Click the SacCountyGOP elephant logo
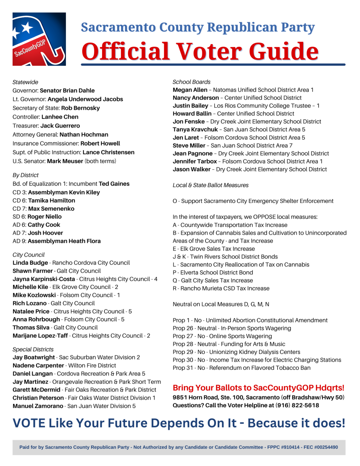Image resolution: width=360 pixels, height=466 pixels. pyautogui.click(x=39, y=39)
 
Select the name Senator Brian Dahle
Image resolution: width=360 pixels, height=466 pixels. pyautogui.click(x=67, y=91)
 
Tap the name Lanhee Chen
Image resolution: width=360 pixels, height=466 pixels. pyautogui.click(x=60, y=117)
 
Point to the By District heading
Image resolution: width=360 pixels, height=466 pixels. pyautogui.click(x=25, y=175)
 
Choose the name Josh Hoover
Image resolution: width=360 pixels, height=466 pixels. pyautogui.click(x=45, y=233)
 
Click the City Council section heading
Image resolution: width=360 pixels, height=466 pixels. pyautogui.click(x=28, y=255)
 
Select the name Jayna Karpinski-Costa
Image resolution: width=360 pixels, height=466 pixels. pyautogui.click(x=44, y=279)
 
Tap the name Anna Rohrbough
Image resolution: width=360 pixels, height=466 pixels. pyautogui.click(x=36, y=319)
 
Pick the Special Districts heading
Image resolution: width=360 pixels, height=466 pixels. pyautogui.click(x=33, y=349)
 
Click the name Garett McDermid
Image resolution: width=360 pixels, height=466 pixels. pyautogui.click(x=36, y=390)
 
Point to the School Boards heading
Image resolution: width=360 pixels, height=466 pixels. pyautogui.click(x=191, y=82)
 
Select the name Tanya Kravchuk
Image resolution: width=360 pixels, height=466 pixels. pyautogui.click(x=195, y=130)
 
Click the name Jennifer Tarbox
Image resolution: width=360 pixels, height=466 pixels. pyautogui.click(x=195, y=161)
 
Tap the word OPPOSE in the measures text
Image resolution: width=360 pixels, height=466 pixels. pyautogui.click(x=265, y=217)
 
